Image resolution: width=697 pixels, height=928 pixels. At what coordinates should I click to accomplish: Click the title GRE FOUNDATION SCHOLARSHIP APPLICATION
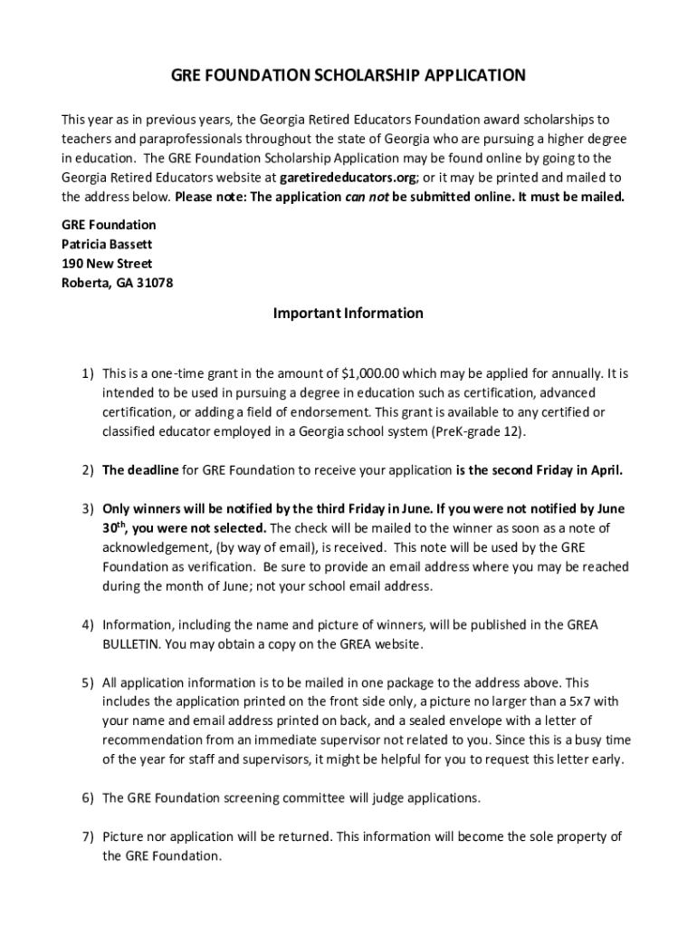pyautogui.click(x=348, y=75)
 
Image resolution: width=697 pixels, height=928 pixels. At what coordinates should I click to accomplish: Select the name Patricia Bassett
pyautogui.click(x=107, y=244)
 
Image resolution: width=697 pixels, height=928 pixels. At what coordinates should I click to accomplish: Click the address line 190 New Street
pyautogui.click(x=107, y=264)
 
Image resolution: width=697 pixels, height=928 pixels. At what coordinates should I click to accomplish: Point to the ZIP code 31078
pyautogui.click(x=155, y=283)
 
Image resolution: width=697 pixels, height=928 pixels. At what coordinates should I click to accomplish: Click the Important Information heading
pyautogui.click(x=348, y=314)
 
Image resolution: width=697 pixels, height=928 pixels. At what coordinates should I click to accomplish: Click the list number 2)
pyautogui.click(x=88, y=470)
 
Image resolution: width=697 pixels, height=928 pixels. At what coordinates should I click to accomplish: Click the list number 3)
pyautogui.click(x=88, y=508)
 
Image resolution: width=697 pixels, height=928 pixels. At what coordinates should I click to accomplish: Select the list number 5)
pyautogui.click(x=88, y=681)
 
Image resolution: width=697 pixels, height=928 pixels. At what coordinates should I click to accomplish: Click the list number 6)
pyautogui.click(x=88, y=797)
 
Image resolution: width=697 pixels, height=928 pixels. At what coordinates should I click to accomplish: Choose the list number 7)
pyautogui.click(x=88, y=836)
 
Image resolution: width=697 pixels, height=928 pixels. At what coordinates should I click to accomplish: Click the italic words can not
pyautogui.click(x=367, y=197)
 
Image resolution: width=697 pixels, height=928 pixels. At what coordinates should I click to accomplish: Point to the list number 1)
pyautogui.click(x=88, y=372)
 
